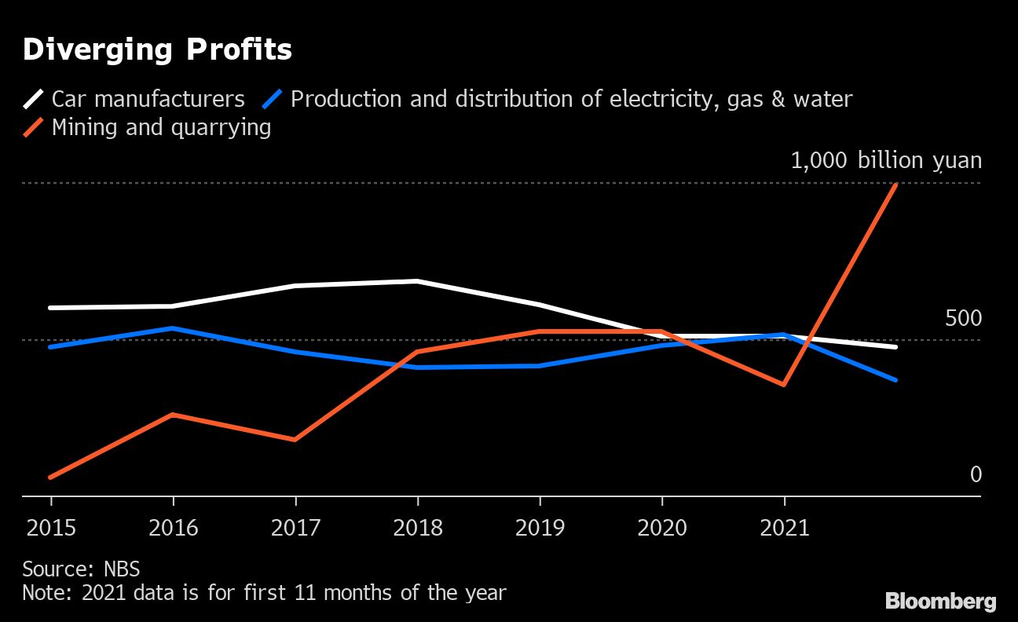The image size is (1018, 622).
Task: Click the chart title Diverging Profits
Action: [157, 49]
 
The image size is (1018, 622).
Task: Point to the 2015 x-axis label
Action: [51, 527]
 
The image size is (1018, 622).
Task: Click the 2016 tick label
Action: [173, 527]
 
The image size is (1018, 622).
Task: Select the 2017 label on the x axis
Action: [295, 527]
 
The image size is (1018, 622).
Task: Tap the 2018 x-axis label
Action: [417, 527]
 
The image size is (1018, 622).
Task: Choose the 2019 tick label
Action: [540, 527]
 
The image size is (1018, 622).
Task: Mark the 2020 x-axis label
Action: [661, 527]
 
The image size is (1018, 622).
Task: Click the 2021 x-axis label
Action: [784, 527]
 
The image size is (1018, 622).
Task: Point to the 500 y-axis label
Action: [963, 319]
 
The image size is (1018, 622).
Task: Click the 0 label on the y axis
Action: [976, 475]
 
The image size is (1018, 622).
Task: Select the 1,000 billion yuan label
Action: [885, 161]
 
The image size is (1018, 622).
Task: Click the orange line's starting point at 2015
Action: [51, 477]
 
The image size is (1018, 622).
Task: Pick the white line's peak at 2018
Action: [417, 280]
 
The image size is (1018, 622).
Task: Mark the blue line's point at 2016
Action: [173, 328]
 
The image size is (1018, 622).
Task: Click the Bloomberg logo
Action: [941, 602]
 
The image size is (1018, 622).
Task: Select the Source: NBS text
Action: [81, 569]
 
